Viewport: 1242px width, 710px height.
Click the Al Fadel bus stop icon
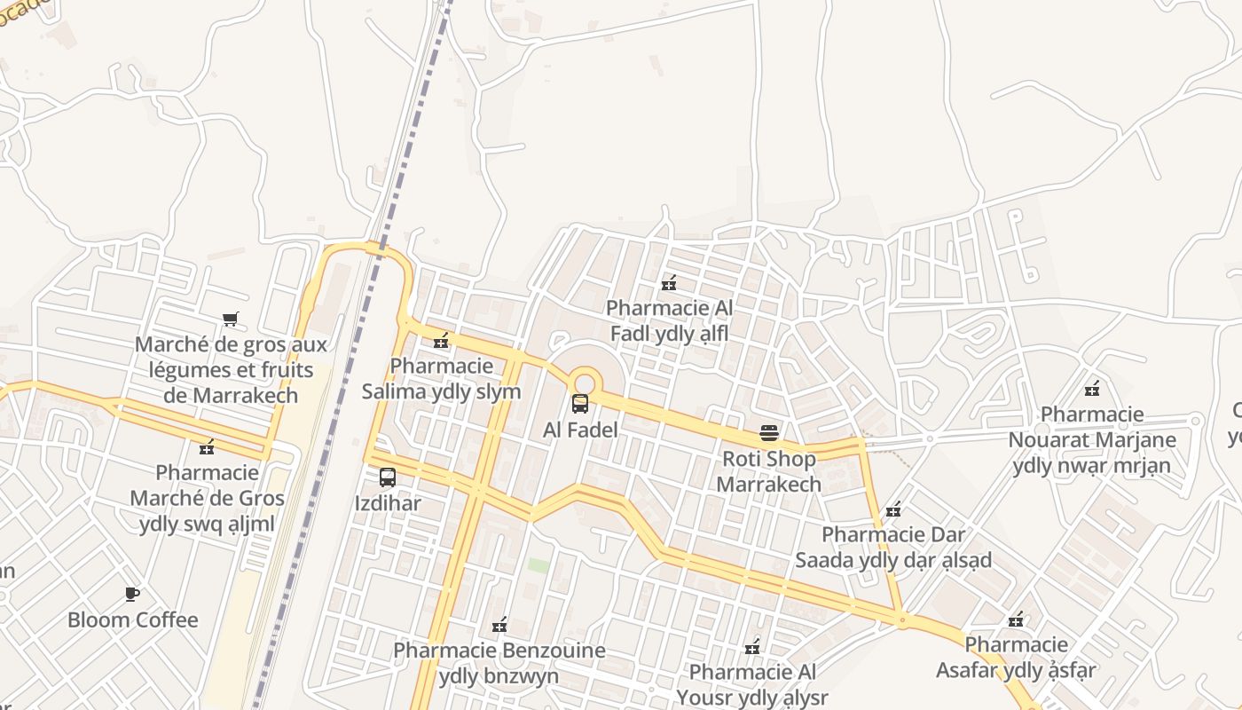click(x=580, y=404)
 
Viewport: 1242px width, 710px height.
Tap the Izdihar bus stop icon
click(x=388, y=477)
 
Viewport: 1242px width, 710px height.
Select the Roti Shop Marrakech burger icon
click(x=769, y=433)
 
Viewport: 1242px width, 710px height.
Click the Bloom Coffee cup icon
click(x=132, y=594)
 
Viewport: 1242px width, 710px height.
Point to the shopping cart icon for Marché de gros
click(x=231, y=319)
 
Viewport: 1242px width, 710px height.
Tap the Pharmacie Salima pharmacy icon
click(x=441, y=340)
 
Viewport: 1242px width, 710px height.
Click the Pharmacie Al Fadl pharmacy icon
click(x=669, y=283)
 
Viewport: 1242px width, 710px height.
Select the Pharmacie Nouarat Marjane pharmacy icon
click(x=1092, y=388)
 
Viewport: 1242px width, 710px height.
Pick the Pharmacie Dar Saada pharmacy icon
click(x=893, y=509)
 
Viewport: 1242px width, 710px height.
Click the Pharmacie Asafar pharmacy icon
click(x=1017, y=619)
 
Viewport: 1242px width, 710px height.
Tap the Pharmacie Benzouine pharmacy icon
click(x=499, y=625)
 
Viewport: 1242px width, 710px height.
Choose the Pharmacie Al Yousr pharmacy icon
click(x=752, y=646)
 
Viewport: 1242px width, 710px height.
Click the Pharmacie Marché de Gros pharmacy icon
click(x=207, y=446)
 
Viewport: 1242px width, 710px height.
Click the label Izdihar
click(x=388, y=504)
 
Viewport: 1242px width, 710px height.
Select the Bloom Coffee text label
click(x=133, y=619)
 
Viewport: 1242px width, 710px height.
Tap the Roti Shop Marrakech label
click(x=769, y=471)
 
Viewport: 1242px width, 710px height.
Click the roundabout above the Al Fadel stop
click(x=585, y=382)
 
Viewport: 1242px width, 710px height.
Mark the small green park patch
click(x=538, y=565)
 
